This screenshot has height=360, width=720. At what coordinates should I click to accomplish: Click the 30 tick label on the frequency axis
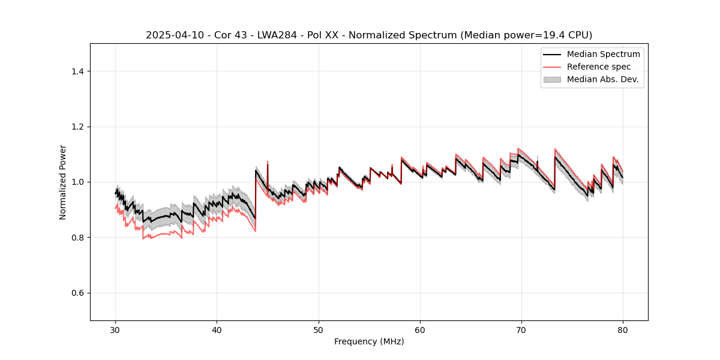tap(116, 330)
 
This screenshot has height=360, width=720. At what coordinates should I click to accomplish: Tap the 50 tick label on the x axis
tap(319, 330)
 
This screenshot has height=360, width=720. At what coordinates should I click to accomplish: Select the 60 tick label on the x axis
tap(420, 330)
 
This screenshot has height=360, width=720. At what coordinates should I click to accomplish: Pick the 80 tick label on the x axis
tap(623, 330)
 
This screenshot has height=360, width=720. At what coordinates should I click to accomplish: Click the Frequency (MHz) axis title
tap(369, 341)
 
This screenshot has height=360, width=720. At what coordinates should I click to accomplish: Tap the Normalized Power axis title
tap(63, 182)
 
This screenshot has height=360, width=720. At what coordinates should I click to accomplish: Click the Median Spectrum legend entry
tap(603, 54)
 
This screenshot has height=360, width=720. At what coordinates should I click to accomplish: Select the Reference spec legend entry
tap(599, 67)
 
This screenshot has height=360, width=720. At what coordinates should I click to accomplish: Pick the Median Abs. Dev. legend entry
tap(602, 79)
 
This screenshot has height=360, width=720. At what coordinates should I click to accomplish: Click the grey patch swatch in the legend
tap(552, 79)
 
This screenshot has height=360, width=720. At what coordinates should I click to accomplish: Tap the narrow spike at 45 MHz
tap(267, 163)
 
